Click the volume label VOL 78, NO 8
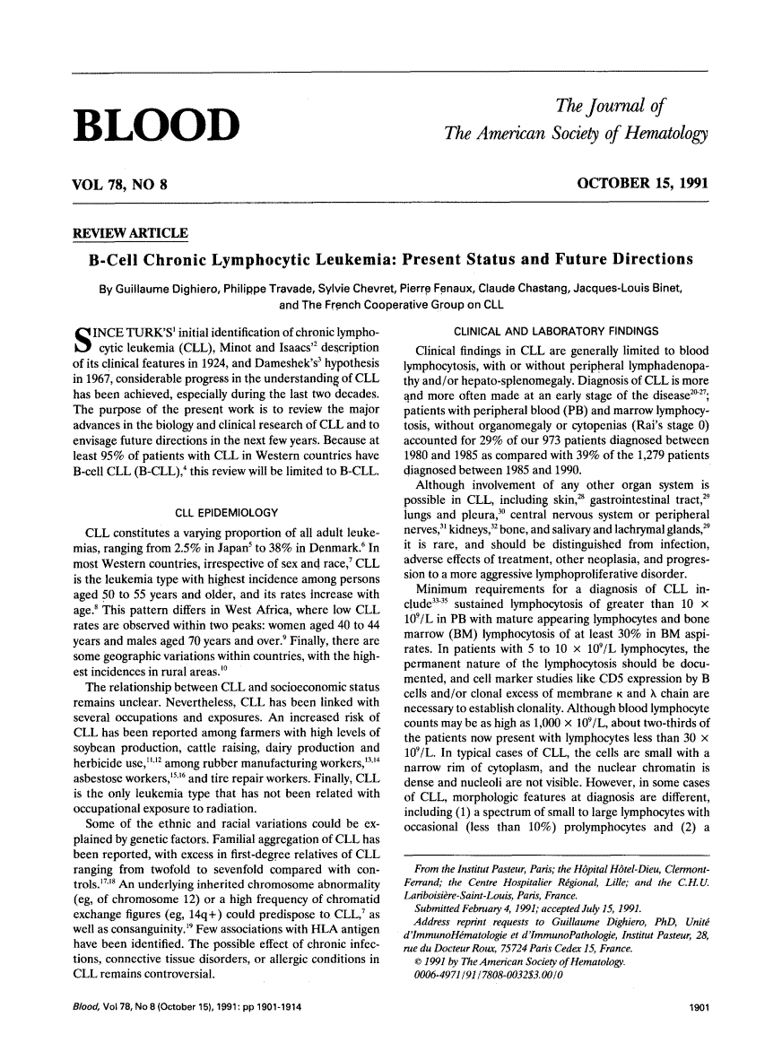[x=120, y=184]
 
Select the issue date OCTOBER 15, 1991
[x=642, y=183]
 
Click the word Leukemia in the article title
[x=351, y=260]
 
